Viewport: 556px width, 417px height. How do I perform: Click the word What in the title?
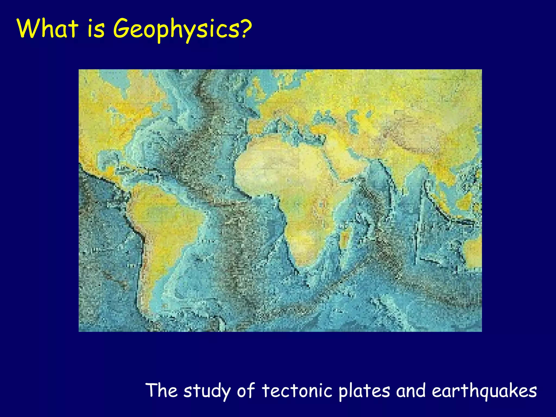click(48, 29)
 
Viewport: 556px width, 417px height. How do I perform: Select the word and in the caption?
click(411, 391)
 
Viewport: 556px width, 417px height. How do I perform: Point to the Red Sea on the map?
click(333, 166)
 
